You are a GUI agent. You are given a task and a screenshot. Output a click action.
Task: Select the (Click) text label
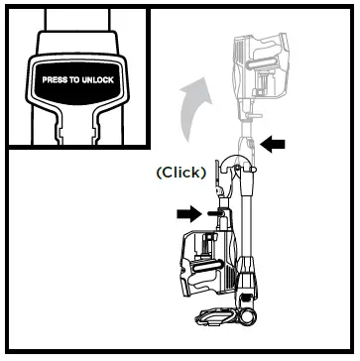coord(180,171)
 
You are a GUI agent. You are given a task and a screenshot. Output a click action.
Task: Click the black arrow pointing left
coord(272,144)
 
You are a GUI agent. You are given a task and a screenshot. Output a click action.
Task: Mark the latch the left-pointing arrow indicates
coord(252,145)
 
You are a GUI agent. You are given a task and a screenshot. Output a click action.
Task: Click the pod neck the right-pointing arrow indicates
coord(214,211)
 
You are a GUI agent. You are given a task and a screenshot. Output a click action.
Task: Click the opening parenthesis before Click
coord(160,171)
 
